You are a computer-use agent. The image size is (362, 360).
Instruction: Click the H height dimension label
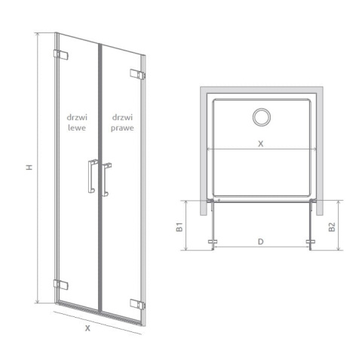pos(29,168)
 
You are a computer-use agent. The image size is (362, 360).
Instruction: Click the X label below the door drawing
pos(87,328)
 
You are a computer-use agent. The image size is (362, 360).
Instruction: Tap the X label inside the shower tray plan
pos(261,143)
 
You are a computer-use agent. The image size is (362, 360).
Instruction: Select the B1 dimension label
pos(179,227)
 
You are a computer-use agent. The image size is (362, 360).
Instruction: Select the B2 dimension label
pos(332,227)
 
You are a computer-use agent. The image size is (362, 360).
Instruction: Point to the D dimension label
pos(261,242)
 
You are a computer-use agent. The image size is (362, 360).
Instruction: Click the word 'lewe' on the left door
pos(77,128)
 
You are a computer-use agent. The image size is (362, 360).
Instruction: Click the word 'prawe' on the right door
pos(122,128)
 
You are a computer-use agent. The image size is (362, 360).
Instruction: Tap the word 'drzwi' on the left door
pos(77,117)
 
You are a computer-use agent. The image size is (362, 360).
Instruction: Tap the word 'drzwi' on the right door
pos(122,117)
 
